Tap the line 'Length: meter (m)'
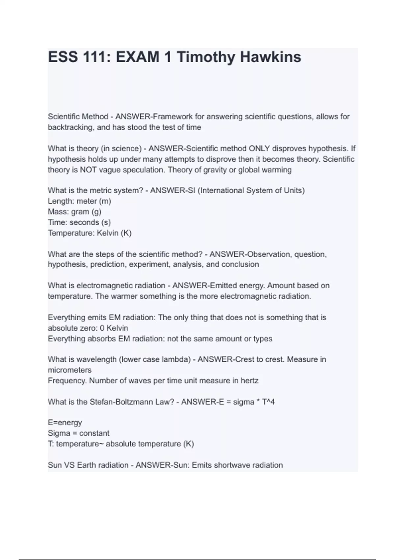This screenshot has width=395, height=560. click(x=79, y=201)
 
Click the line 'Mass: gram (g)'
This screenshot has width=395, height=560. click(x=74, y=211)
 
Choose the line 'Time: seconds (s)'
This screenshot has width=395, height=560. click(x=79, y=222)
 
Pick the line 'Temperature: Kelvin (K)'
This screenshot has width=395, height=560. click(x=90, y=233)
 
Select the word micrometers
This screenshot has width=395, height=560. click(x=69, y=370)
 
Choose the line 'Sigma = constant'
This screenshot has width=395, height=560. click(x=78, y=433)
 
